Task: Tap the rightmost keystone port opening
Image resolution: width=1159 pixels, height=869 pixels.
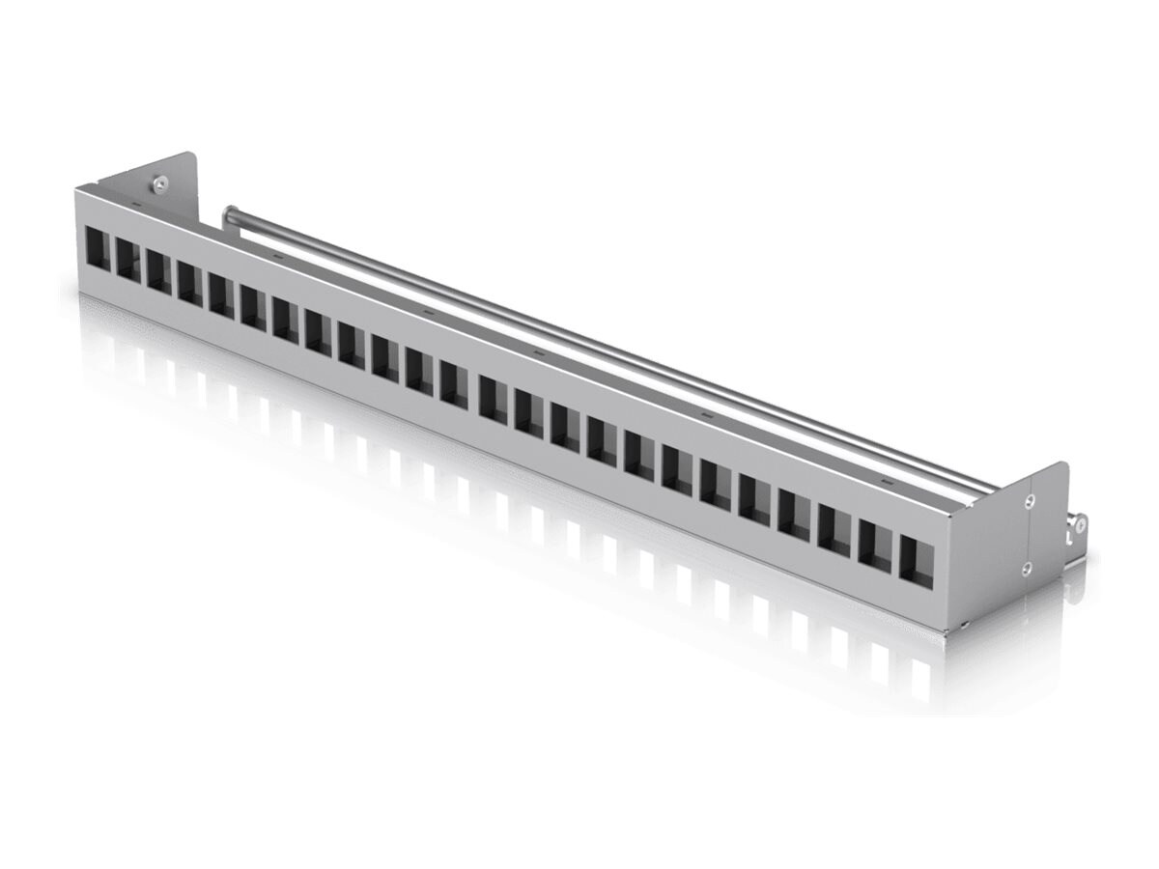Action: click(x=917, y=560)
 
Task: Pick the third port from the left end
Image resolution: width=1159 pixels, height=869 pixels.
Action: click(x=159, y=266)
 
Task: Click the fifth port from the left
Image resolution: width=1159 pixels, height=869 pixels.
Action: click(x=221, y=291)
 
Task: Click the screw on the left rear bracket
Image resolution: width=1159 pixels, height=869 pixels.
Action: click(x=157, y=181)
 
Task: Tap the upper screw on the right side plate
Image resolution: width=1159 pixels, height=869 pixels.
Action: click(x=1030, y=500)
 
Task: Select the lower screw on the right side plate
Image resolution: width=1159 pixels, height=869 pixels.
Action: click(x=1028, y=568)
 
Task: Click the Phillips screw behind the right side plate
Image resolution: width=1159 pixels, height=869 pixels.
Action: click(x=1080, y=524)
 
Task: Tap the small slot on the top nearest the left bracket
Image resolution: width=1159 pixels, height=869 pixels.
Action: click(x=135, y=206)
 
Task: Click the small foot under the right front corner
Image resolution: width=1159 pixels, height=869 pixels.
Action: click(x=964, y=627)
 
